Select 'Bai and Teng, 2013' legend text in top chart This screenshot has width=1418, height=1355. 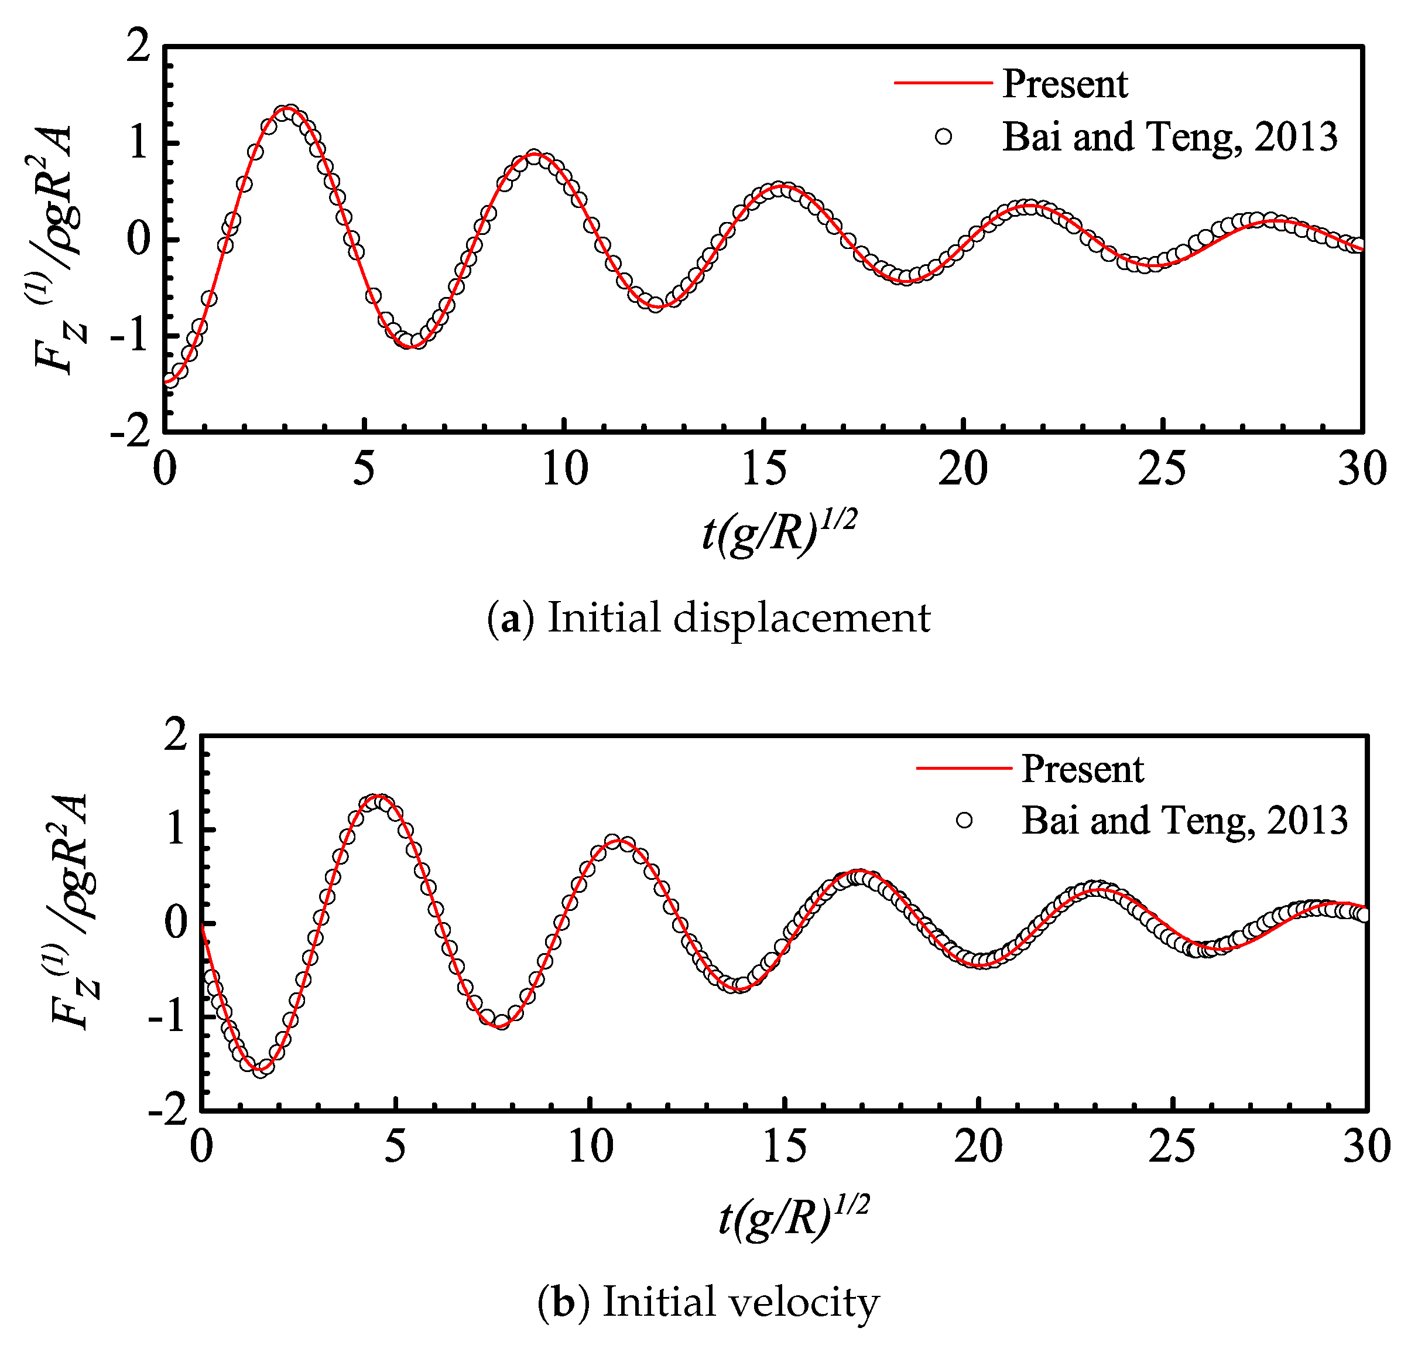(1169, 136)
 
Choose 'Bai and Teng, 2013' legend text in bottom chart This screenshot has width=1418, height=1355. (1184, 821)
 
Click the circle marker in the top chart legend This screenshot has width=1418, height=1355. (943, 136)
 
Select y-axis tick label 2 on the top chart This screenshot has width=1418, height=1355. (138, 47)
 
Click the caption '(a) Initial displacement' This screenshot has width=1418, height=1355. (708, 619)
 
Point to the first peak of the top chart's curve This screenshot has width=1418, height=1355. (287, 110)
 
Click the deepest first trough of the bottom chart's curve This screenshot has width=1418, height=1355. (261, 1069)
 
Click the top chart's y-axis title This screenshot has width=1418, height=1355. (58, 249)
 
